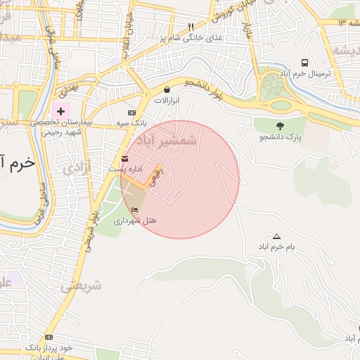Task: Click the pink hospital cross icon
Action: click(x=60, y=111)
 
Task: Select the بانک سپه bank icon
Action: click(x=131, y=113)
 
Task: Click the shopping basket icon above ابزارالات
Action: click(x=167, y=90)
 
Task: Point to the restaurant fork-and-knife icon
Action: click(x=191, y=27)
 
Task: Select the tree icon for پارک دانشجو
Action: click(x=281, y=126)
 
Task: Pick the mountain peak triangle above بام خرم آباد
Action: click(x=276, y=236)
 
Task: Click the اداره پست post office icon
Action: click(x=125, y=158)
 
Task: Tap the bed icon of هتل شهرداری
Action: click(x=134, y=210)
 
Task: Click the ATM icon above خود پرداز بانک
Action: click(x=49, y=337)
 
